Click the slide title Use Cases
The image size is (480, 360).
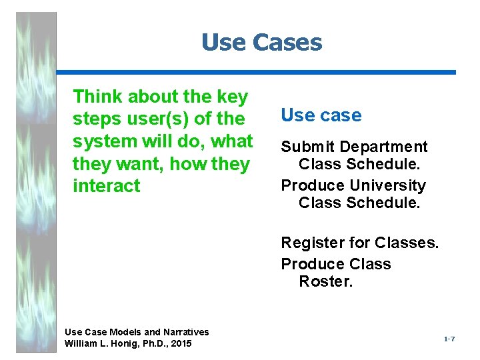pos(261,43)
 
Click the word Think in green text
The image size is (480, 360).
pos(97,97)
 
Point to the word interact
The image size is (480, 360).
pos(107,186)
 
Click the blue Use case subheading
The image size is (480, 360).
pos(321,115)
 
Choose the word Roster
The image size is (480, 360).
pos(326,281)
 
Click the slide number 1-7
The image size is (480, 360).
pos(449,340)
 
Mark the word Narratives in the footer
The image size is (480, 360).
pos(185,332)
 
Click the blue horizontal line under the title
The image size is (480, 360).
pos(256,72)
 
